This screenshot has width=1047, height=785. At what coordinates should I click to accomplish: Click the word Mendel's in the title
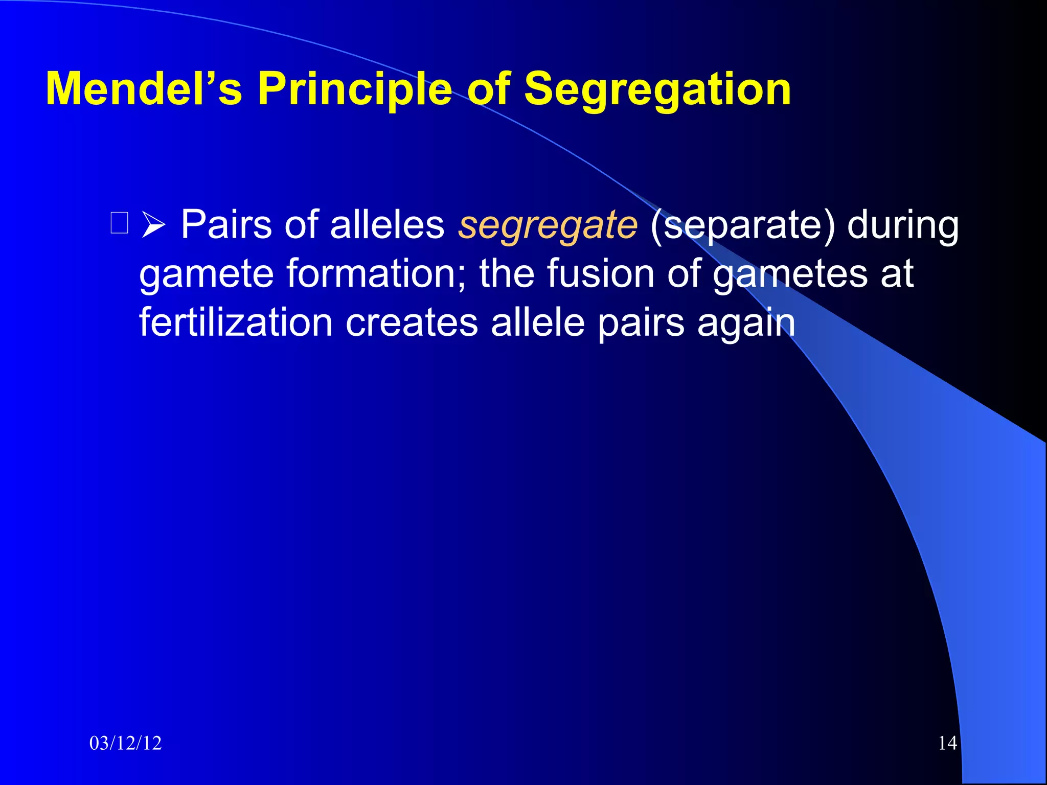pos(144,89)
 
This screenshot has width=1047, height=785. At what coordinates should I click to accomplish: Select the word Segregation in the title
pos(657,90)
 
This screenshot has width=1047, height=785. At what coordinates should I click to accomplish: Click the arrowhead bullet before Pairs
pos(153,225)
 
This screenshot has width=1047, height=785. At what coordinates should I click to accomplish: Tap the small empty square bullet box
pos(119,223)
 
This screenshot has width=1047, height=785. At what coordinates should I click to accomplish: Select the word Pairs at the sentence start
pos(226,225)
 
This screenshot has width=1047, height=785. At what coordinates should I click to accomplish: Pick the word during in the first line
pos(903,225)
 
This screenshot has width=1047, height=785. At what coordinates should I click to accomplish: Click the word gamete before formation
pos(207,274)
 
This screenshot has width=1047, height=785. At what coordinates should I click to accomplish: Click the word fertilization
pos(236,322)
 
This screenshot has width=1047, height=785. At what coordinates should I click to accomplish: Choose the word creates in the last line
pos(412,322)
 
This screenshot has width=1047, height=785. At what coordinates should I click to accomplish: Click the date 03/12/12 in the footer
pos(125,743)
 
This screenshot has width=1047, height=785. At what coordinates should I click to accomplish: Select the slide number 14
pos(947,743)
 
